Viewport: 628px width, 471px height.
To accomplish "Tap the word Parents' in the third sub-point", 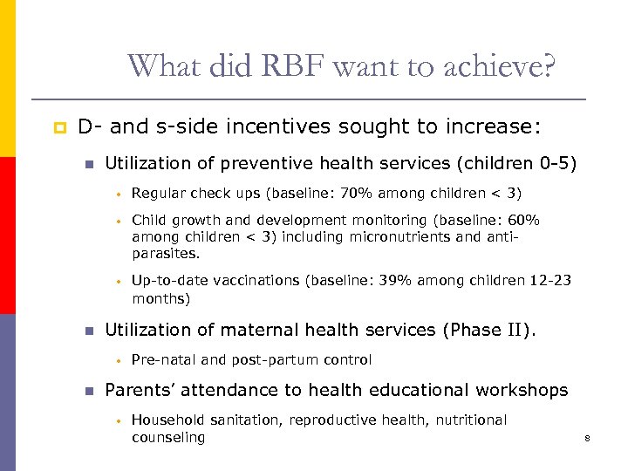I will [140, 390].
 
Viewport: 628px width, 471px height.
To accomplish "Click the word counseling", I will [168, 437].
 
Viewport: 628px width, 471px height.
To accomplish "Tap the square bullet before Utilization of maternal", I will [87, 331].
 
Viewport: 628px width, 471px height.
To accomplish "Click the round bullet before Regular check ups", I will [114, 194].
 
